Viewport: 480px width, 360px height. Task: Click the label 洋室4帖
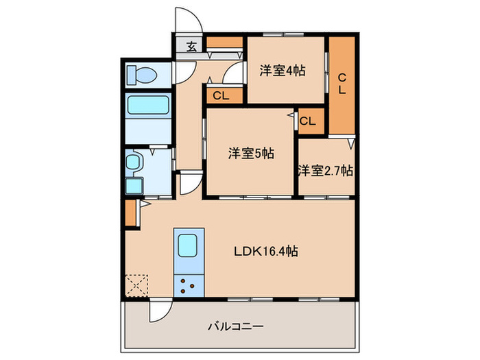[283, 71]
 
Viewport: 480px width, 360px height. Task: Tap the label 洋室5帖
[251, 154]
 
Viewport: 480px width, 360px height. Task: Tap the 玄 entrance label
[191, 47]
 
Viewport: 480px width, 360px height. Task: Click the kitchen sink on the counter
[187, 245]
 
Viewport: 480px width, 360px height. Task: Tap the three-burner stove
[187, 283]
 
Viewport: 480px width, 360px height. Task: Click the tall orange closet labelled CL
[342, 83]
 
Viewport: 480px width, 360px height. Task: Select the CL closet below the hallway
[221, 96]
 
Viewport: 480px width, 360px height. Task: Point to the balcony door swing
[158, 312]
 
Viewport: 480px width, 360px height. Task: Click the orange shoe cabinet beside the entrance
[224, 47]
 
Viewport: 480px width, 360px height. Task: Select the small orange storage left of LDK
[131, 213]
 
